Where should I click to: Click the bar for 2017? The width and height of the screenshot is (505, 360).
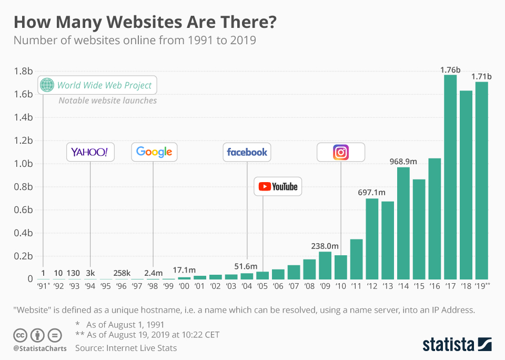450,177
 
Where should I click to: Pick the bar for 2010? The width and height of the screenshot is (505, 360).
341,267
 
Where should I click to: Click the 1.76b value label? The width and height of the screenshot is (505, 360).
450,69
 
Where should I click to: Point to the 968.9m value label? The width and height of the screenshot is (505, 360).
403,161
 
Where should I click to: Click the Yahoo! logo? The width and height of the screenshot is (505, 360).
89,152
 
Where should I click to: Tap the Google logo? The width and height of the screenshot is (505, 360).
154,152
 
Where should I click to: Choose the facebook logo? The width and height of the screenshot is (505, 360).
247,152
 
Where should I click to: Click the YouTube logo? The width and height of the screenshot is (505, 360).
278,186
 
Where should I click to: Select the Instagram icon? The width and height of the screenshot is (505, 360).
341,152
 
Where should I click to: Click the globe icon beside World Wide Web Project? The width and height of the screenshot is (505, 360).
47,85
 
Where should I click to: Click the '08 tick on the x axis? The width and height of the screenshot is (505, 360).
309,286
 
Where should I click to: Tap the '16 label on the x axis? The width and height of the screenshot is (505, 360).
435,286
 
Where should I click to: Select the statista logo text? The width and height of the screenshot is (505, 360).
448,345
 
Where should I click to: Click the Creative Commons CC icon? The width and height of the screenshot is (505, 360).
20,335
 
